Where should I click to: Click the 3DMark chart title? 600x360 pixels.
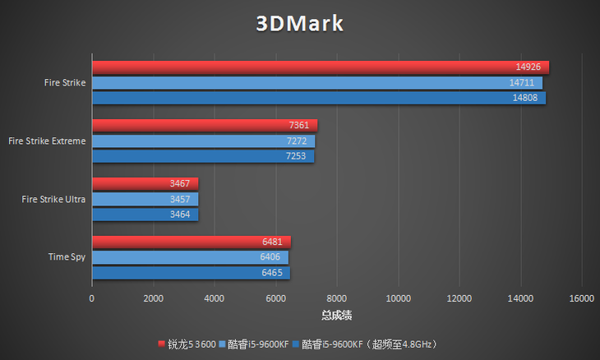pyautogui.click(x=299, y=24)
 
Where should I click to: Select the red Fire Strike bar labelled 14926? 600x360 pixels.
pyautogui.click(x=320, y=67)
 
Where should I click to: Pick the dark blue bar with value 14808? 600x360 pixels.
pyautogui.click(x=318, y=98)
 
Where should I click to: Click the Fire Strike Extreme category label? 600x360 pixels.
pyautogui.click(x=46, y=141)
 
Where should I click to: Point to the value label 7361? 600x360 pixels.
pyautogui.click(x=298, y=126)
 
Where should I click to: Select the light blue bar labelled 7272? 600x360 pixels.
pyautogui.click(x=203, y=141)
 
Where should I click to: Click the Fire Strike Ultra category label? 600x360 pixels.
pyautogui.click(x=53, y=199)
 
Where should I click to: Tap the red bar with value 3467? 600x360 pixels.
pyautogui.click(x=145, y=184)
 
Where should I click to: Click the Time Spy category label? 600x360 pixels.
pyautogui.click(x=67, y=257)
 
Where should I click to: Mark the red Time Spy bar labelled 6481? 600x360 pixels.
pyautogui.click(x=191, y=242)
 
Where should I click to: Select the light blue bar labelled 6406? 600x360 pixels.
pyautogui.click(x=190, y=257)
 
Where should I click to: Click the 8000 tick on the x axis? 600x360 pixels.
pyautogui.click(x=337, y=298)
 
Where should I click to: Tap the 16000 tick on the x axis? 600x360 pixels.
pyautogui.click(x=581, y=298)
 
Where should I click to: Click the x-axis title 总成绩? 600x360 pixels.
pyautogui.click(x=337, y=315)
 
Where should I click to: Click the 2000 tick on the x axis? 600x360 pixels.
pyautogui.click(x=153, y=298)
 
